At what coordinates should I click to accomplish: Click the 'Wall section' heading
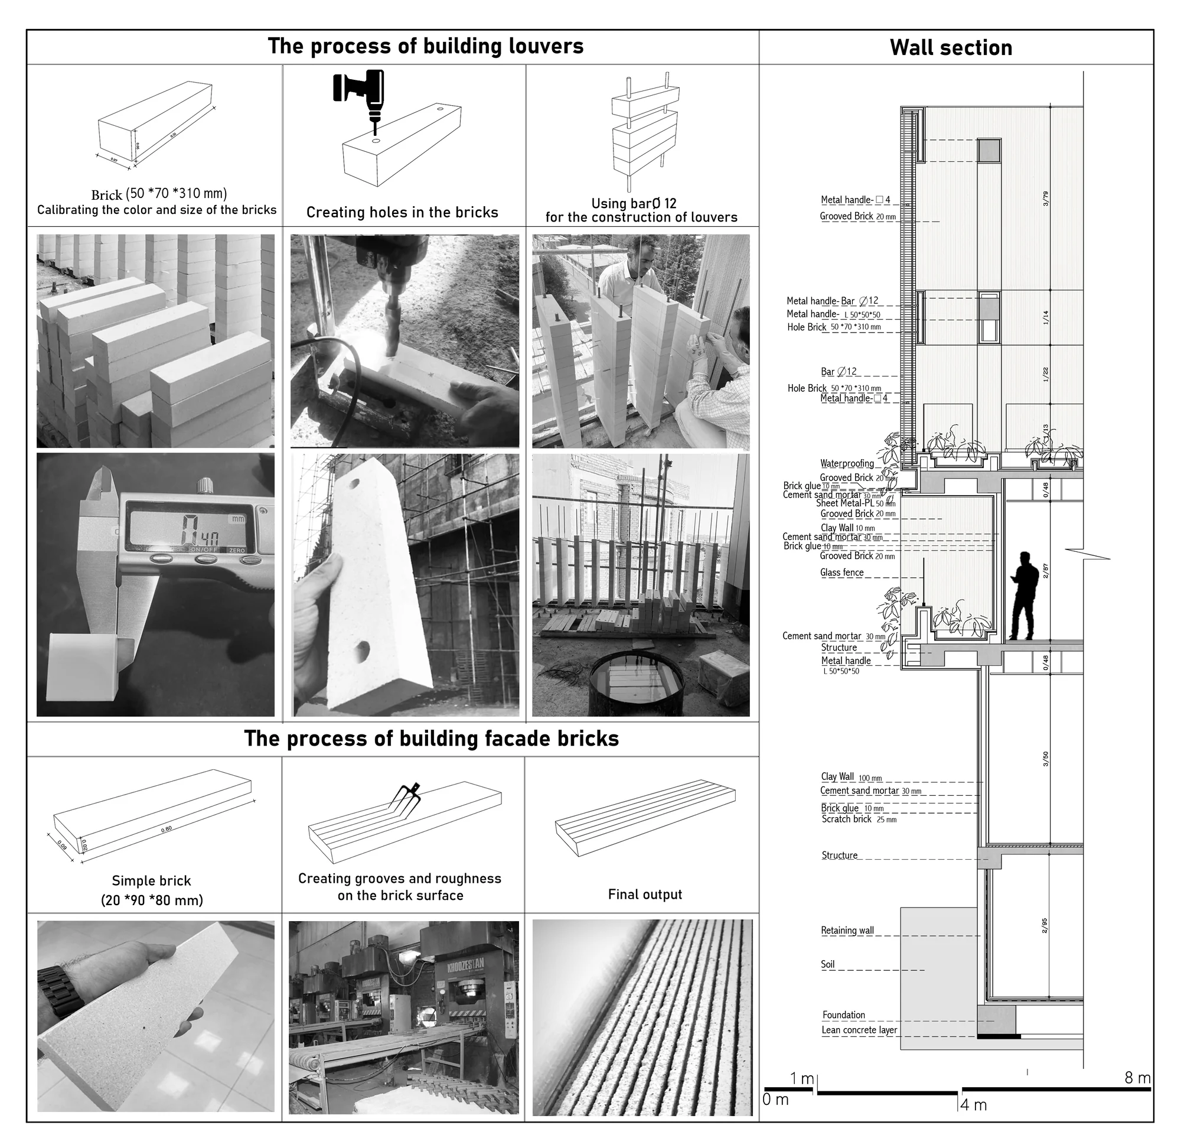pyautogui.click(x=951, y=48)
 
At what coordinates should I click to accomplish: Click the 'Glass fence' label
pyautogui.click(x=842, y=573)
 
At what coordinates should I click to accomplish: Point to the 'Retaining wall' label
pyautogui.click(x=847, y=931)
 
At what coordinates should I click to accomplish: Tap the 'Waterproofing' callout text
pyautogui.click(x=847, y=464)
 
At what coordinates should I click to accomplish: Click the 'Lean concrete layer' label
pyautogui.click(x=859, y=1030)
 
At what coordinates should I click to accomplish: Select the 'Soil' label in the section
pyautogui.click(x=828, y=964)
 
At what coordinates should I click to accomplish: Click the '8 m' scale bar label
pyautogui.click(x=1137, y=1078)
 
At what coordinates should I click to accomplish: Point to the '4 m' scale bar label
pyautogui.click(x=974, y=1105)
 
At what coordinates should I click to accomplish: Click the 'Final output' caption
pyautogui.click(x=645, y=894)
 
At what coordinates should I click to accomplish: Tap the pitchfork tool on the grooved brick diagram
pyautogui.click(x=404, y=799)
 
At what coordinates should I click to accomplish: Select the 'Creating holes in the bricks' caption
pyautogui.click(x=402, y=212)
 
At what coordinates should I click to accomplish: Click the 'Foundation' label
pyautogui.click(x=844, y=1014)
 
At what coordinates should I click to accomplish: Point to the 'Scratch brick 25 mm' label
pyautogui.click(x=859, y=819)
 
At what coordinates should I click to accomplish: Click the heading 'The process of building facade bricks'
pyautogui.click(x=432, y=739)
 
